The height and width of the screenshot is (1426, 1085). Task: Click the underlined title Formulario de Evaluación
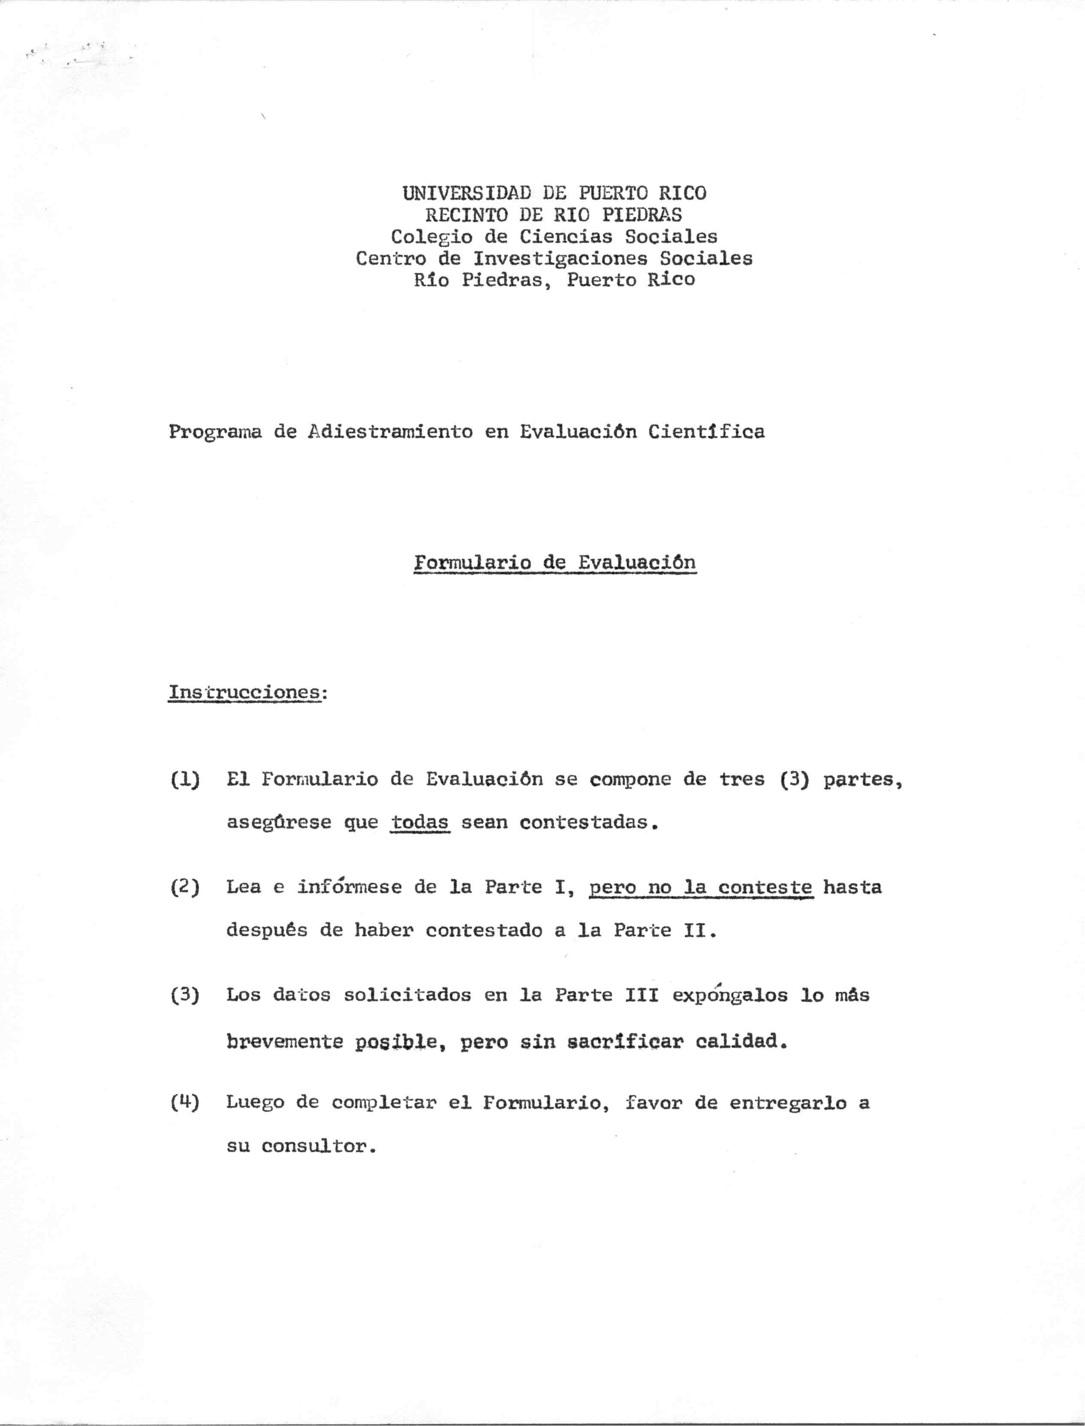555,562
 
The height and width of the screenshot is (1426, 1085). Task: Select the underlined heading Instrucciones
245,692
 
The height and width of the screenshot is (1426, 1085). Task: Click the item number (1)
185,780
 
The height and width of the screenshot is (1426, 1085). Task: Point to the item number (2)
185,887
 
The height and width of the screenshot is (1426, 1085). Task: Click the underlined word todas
420,823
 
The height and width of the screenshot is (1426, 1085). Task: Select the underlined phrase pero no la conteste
701,887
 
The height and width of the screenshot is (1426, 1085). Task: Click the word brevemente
284,1042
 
